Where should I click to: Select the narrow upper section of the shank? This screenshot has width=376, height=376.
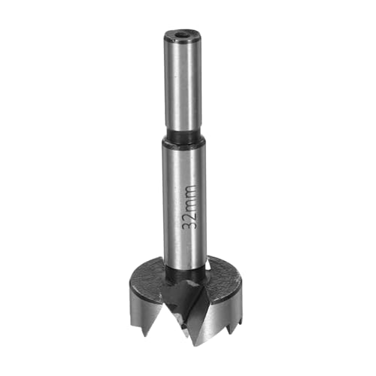[183, 83]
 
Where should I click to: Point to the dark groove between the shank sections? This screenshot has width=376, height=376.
[184, 138]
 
